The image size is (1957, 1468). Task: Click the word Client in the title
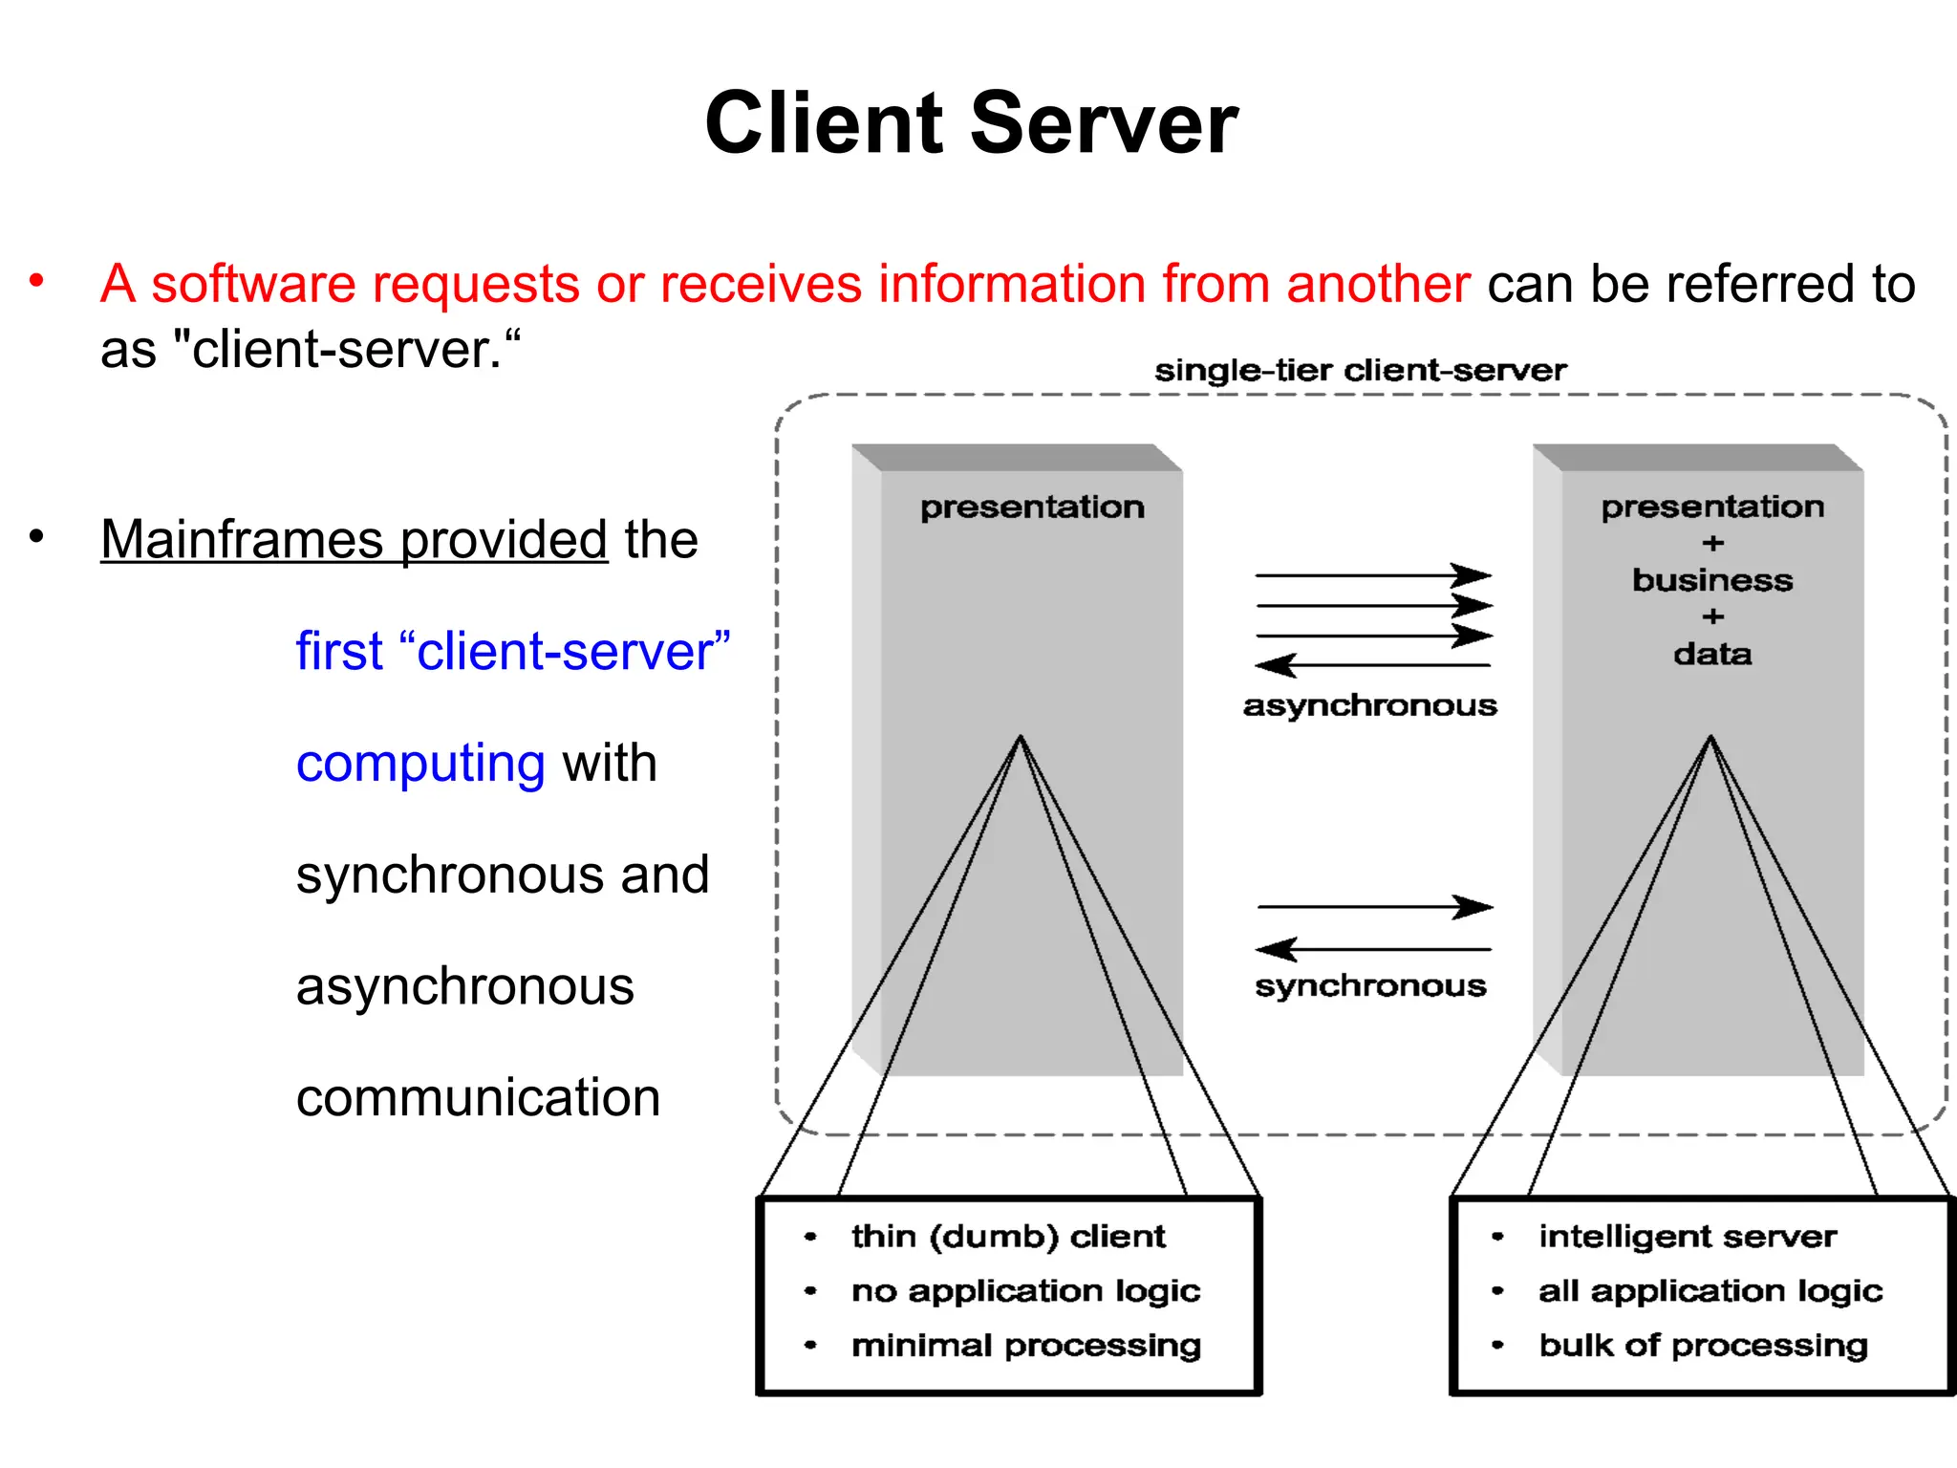(824, 124)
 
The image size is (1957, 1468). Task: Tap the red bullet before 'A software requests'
(36, 281)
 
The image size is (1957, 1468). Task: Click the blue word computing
(420, 764)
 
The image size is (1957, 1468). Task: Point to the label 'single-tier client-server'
(1360, 371)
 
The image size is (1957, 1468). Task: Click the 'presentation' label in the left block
(1032, 507)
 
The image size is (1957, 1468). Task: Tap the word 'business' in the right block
(1712, 581)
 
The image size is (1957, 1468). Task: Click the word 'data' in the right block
(1712, 655)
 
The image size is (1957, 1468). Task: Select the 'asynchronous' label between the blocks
(1369, 706)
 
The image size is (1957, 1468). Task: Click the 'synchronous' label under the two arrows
(1370, 986)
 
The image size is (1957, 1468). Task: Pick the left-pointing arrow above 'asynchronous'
(1372, 665)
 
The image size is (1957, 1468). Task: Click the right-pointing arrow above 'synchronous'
(1375, 906)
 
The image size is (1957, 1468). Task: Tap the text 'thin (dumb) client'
(1008, 1237)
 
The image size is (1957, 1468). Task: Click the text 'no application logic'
(1025, 1291)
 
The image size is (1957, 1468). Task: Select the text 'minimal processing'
(1025, 1346)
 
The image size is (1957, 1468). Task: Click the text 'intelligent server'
(1688, 1237)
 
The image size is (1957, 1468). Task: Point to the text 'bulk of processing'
(1703, 1346)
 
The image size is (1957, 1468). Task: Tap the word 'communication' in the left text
(478, 1098)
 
